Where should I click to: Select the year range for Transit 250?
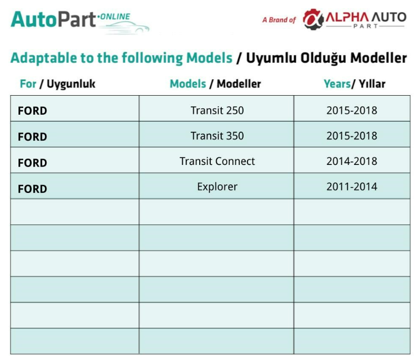(352, 110)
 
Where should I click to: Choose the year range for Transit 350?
(352, 136)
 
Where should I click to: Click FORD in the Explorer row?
(32, 189)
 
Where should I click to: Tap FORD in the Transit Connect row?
(32, 163)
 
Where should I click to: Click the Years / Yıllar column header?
(354, 84)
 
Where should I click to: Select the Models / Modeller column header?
(216, 84)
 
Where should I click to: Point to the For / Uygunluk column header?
(58, 84)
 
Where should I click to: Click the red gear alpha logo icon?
(313, 20)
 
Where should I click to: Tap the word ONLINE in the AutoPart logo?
(115, 16)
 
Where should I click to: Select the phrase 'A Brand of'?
(279, 20)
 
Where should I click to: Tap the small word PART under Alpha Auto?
(366, 26)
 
